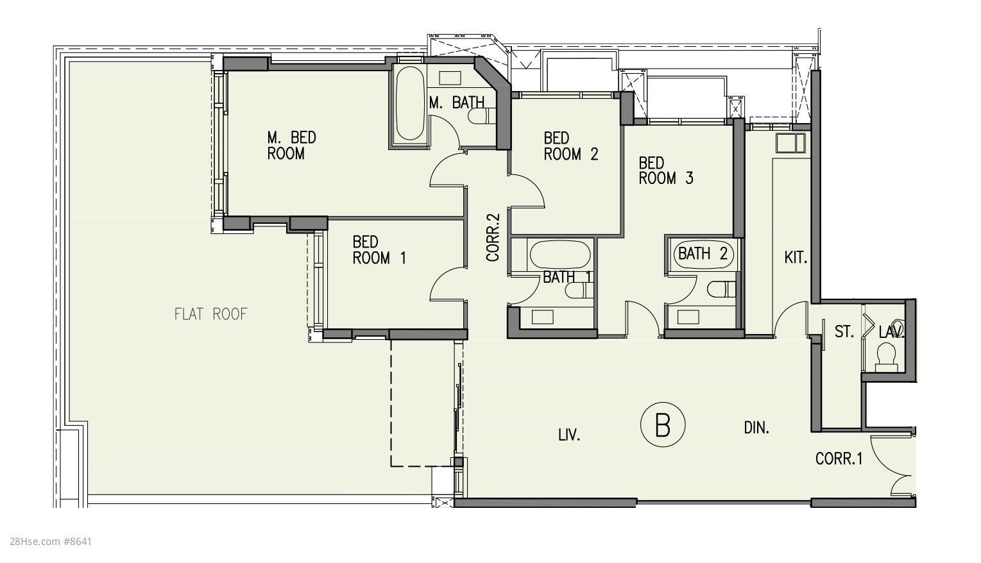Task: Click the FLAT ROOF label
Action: point(211,314)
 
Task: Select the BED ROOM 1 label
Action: point(379,250)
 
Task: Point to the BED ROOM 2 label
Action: point(571,146)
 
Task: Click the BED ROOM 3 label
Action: point(666,171)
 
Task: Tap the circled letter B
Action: point(662,424)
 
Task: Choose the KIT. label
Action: point(796,257)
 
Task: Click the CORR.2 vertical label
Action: point(493,237)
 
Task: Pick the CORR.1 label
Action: point(839,458)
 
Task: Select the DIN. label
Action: point(756,427)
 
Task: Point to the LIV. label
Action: point(569,435)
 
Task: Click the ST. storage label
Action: point(844,332)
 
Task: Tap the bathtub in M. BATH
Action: point(410,103)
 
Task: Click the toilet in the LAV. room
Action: point(886,357)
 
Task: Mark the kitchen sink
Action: point(790,143)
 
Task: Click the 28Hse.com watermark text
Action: point(50,542)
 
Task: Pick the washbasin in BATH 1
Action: point(542,317)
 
